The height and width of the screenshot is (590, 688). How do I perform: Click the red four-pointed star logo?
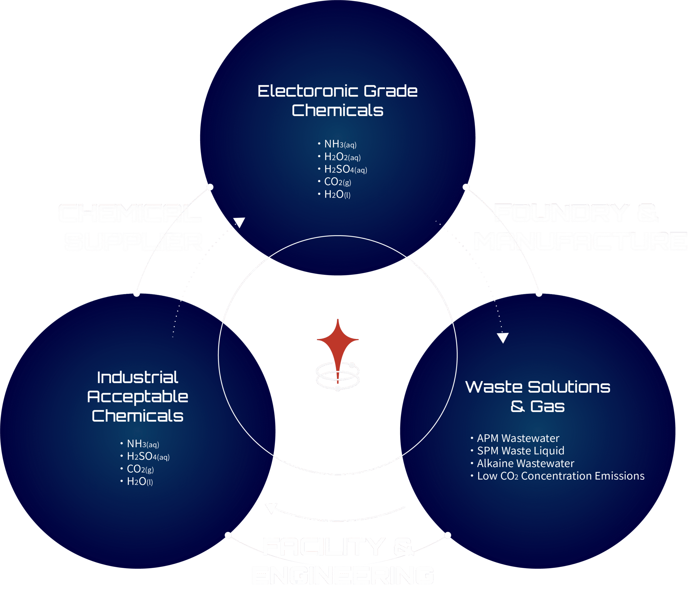tap(338, 342)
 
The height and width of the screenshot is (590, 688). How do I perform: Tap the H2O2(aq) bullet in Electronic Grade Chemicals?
tap(342, 157)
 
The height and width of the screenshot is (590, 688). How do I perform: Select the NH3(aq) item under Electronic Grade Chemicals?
tap(340, 144)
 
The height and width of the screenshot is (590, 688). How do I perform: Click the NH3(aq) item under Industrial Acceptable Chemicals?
tap(143, 444)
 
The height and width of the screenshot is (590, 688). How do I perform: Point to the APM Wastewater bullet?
tap(518, 438)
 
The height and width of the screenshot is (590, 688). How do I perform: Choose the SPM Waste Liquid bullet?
tap(520, 451)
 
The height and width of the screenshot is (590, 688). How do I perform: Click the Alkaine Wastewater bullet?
tap(525, 463)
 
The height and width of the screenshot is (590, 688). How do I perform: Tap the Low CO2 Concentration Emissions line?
tap(561, 476)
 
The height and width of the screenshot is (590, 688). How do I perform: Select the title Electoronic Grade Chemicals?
tap(337, 100)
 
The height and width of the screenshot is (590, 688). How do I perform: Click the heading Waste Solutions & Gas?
tap(537, 396)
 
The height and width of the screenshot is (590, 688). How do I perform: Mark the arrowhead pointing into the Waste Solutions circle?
tap(503, 338)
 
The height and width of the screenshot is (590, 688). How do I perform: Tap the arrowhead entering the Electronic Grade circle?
tap(239, 222)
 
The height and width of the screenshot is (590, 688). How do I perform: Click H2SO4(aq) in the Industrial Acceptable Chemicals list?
tap(148, 456)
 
